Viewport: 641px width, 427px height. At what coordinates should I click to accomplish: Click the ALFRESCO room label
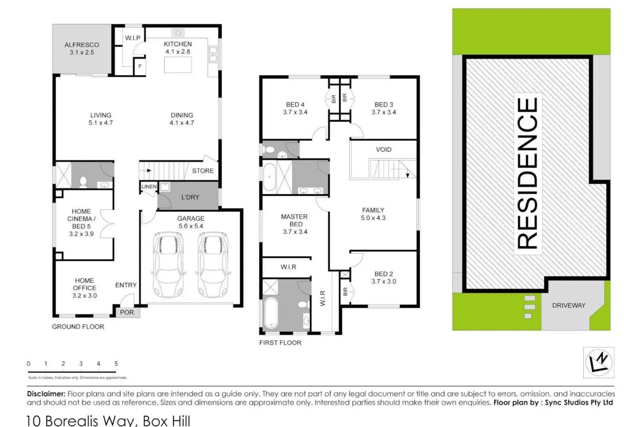82,45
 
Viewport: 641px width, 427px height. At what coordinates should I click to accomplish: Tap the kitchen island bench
178,65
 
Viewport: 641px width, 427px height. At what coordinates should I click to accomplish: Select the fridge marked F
140,66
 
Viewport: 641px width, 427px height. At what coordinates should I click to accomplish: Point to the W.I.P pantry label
133,38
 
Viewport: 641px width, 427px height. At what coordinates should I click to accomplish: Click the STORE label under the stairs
203,171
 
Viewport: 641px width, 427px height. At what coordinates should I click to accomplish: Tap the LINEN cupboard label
149,187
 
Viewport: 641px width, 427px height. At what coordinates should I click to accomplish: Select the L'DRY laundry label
190,197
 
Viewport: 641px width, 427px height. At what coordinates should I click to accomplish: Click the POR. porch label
127,312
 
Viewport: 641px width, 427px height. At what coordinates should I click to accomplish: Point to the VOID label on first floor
383,149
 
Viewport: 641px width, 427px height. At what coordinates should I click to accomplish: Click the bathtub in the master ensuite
271,313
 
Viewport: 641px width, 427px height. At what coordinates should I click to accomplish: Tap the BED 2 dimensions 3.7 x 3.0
383,282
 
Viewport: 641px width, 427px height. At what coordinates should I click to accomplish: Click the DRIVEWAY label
569,305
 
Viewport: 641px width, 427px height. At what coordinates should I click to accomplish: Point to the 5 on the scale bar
116,364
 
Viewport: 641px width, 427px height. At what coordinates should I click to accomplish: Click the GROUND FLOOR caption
78,327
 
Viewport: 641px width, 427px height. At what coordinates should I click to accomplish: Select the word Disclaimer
46,394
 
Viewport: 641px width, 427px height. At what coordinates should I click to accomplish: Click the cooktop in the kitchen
178,32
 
